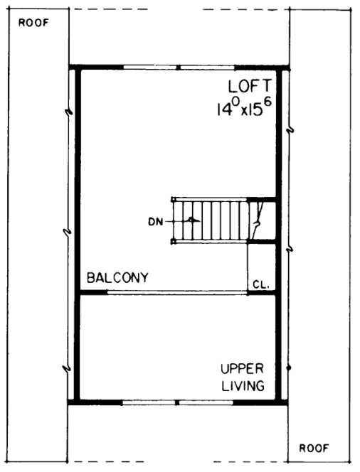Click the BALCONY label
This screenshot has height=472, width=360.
click(117, 278)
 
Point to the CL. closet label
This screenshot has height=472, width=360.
click(260, 284)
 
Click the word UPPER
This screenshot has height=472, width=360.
click(242, 369)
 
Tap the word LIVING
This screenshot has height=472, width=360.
click(242, 387)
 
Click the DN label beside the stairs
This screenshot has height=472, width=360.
click(155, 221)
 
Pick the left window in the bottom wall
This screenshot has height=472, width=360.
click(148, 402)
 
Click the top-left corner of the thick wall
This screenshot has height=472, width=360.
click(75, 69)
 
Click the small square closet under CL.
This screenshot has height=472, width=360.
click(260, 267)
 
